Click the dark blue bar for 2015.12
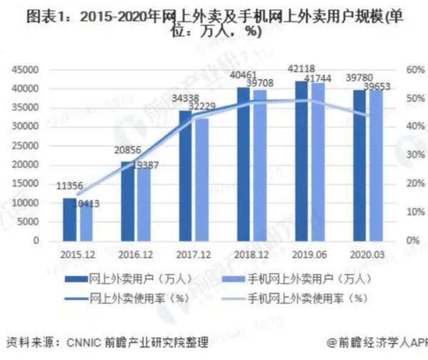coord(70,219)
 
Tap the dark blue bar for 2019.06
coord(302,161)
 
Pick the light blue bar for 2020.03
coord(376,165)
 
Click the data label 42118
coord(302,70)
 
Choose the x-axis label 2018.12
coord(249,253)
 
